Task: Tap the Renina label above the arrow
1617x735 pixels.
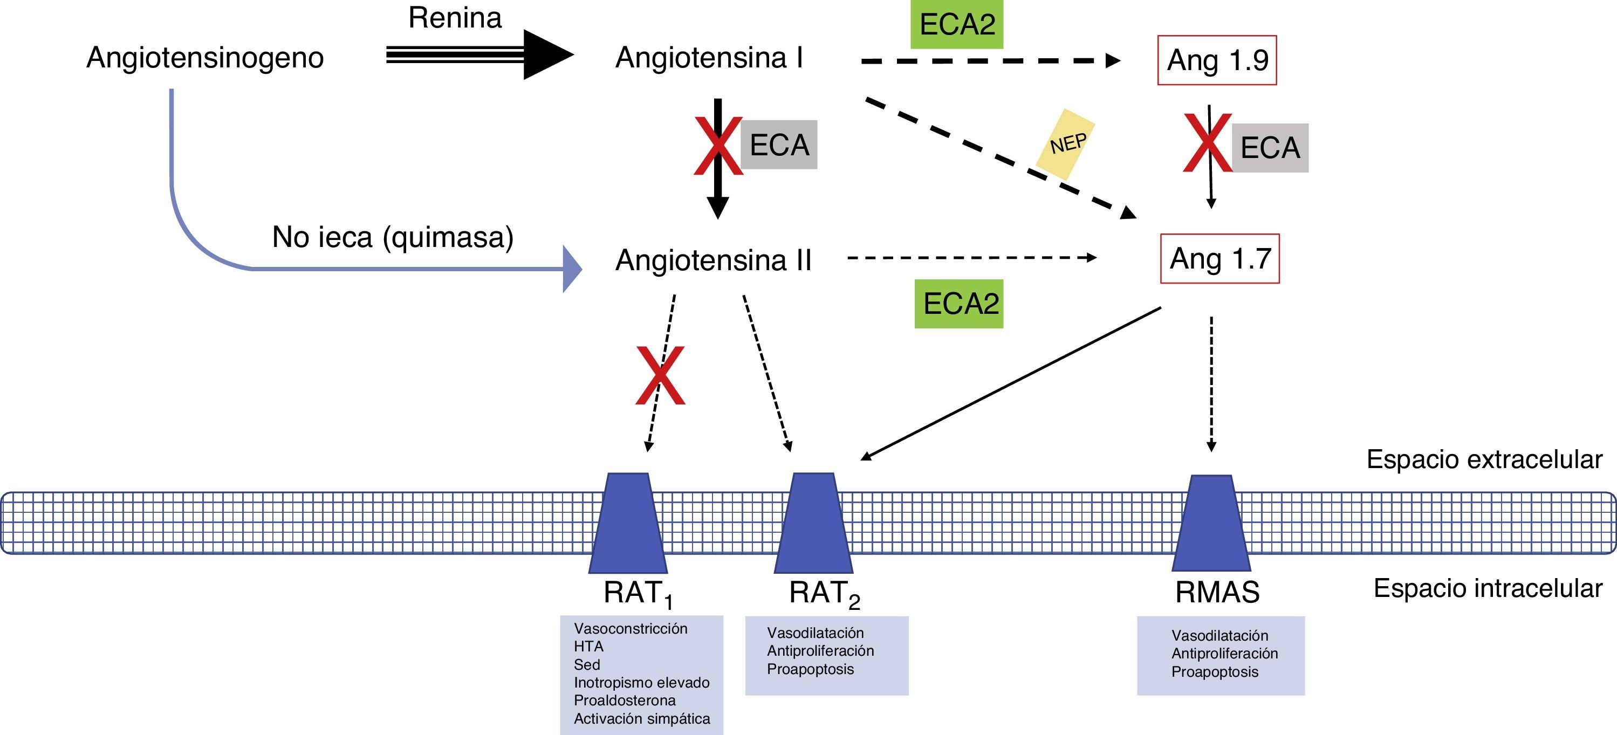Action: click(x=455, y=18)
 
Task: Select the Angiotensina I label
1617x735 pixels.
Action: click(x=709, y=58)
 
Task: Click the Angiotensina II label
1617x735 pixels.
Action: click(x=713, y=260)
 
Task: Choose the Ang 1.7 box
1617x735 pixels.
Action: click(x=1219, y=259)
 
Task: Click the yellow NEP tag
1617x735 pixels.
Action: click(x=1066, y=145)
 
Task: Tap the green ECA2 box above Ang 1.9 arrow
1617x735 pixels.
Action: click(x=957, y=24)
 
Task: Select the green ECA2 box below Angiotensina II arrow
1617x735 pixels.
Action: click(x=959, y=304)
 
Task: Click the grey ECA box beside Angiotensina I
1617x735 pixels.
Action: click(x=779, y=145)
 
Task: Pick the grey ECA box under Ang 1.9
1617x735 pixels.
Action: click(x=1270, y=148)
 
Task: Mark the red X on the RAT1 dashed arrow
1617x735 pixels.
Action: click(x=660, y=375)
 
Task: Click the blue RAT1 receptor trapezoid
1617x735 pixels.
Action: click(x=628, y=523)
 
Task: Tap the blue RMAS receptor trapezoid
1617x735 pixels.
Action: click(x=1211, y=523)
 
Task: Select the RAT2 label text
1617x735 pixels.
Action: click(x=824, y=593)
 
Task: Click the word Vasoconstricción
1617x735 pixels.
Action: click(x=630, y=628)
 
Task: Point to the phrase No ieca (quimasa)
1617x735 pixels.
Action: click(x=392, y=237)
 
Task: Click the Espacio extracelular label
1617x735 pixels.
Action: click(x=1484, y=459)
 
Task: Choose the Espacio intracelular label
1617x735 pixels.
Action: click(x=1487, y=588)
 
